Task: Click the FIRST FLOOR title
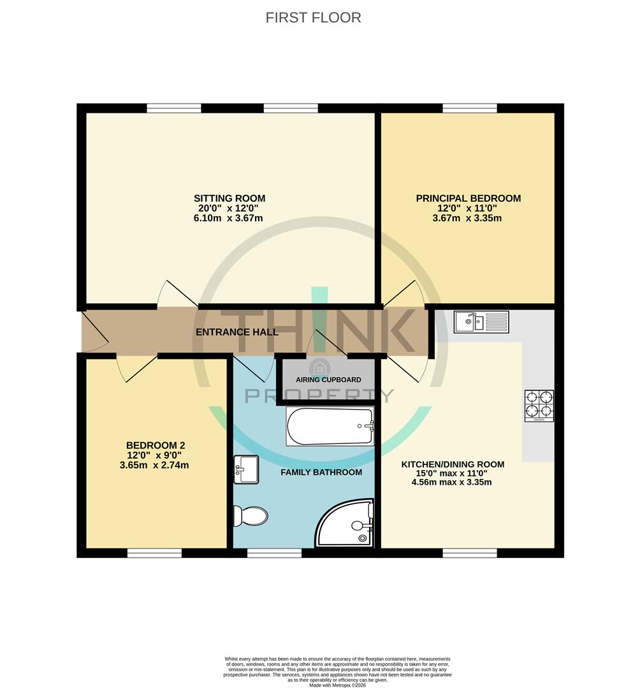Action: pos(313,18)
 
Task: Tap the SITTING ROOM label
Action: pos(229,198)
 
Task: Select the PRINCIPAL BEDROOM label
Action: pos(468,198)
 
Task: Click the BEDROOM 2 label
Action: pos(155,445)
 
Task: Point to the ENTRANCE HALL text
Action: pos(236,332)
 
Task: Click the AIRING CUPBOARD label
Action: pos(328,380)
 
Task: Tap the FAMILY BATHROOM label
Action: pos(321,472)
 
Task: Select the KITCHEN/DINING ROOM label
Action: pos(452,464)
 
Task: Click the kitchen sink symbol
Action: pos(481,322)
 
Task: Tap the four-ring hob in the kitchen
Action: pos(539,406)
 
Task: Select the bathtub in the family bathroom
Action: pos(329,426)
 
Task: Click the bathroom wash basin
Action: pos(246,469)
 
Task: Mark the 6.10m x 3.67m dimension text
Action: pos(229,219)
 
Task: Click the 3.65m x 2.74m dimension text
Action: pos(154,466)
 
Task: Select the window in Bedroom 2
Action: pos(154,554)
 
